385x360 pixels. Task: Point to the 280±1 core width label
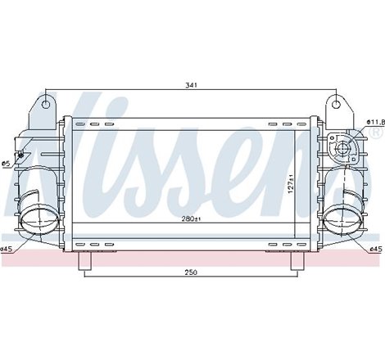[191, 219]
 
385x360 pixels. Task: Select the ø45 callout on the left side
[7, 250]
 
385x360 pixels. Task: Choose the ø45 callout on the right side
[376, 250]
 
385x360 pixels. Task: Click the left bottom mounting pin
[83, 259]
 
